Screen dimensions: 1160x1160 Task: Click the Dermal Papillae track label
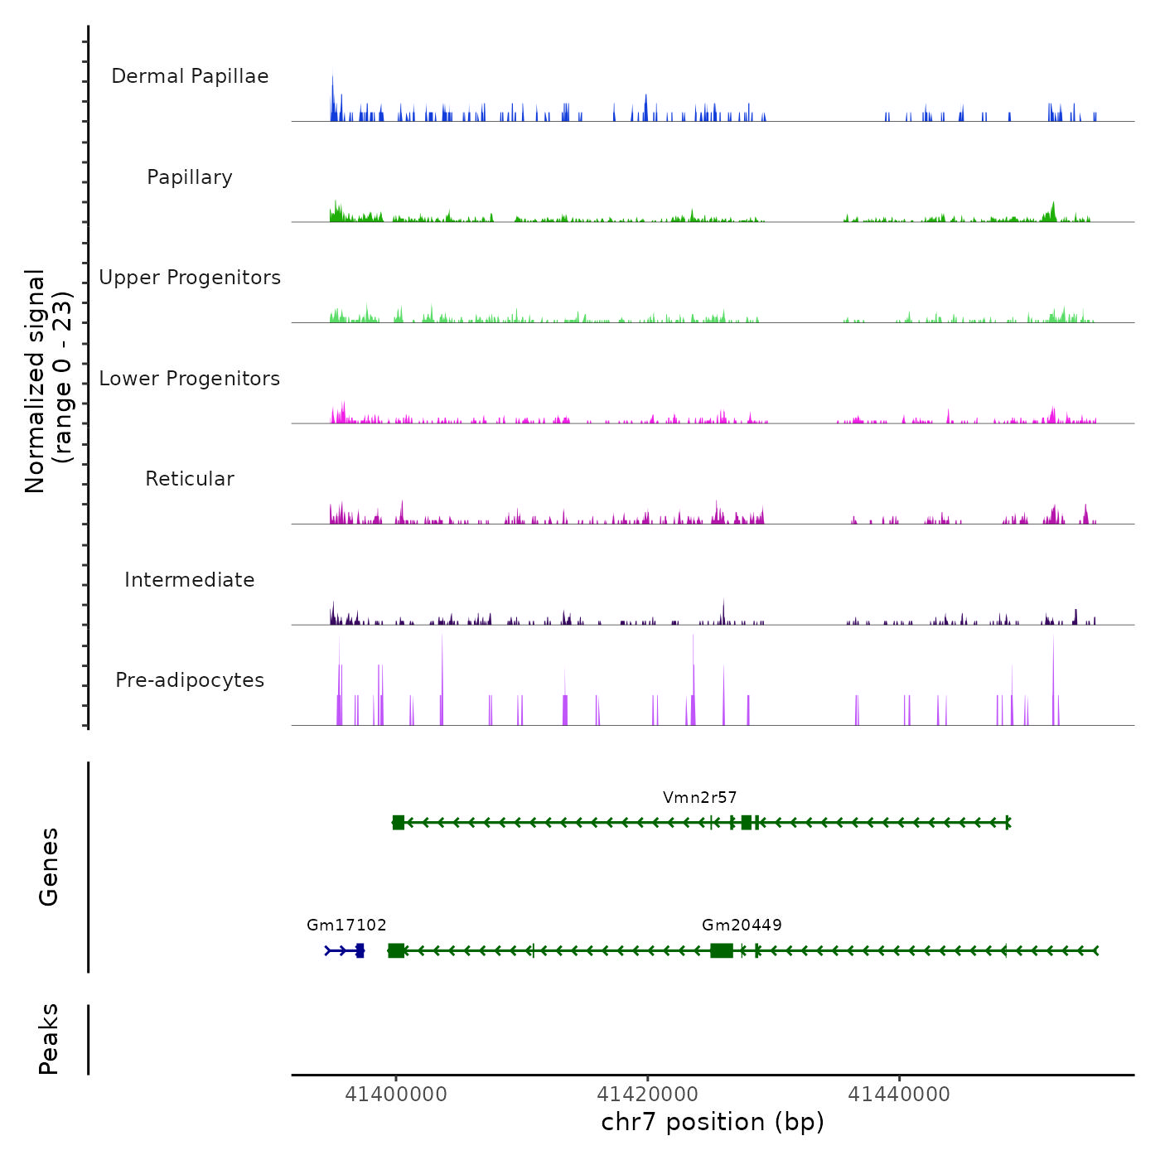(x=190, y=76)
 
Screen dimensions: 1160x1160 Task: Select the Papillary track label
(x=190, y=177)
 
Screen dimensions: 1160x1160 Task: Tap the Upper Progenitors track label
(x=190, y=278)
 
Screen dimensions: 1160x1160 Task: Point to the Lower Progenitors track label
(x=190, y=379)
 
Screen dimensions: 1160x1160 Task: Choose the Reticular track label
(x=190, y=479)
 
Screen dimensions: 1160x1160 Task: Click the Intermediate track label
(x=190, y=580)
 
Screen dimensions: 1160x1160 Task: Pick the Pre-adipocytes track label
(x=190, y=680)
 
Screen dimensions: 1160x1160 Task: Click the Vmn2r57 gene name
(x=699, y=798)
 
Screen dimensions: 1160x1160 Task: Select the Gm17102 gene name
(x=346, y=926)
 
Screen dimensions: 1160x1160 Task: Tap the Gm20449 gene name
(x=742, y=926)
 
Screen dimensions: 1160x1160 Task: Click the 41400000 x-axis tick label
(x=396, y=1095)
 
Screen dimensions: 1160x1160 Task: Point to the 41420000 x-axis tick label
(x=648, y=1095)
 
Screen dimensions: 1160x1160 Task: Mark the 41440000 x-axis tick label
(x=899, y=1095)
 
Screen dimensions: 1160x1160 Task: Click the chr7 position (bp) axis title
(x=713, y=1122)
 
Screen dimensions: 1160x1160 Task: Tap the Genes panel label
(x=49, y=867)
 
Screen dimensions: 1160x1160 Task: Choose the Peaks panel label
(x=49, y=1039)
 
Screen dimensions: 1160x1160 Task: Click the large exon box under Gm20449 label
(x=722, y=950)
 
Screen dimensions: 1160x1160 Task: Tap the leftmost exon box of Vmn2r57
(x=399, y=823)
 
